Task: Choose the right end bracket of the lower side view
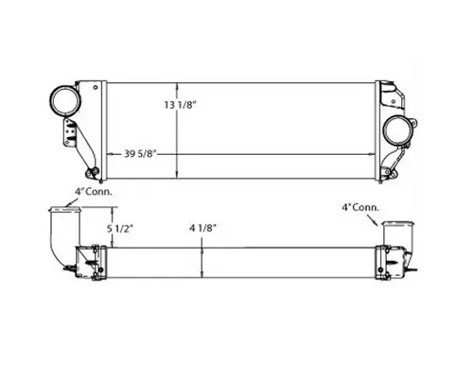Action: (x=392, y=262)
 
